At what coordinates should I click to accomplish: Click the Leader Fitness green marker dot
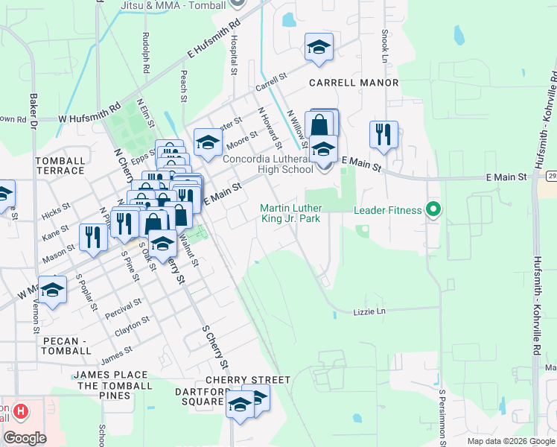coord(432,210)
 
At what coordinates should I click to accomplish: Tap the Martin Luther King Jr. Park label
coord(300,213)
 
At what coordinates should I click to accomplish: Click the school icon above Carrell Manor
coord(319,48)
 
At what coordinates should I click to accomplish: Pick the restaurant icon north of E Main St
coord(383,135)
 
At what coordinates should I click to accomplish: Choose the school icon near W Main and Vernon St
coord(52,291)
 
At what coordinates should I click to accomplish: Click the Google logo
coord(25,437)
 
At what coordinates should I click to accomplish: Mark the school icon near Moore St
coord(208,142)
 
